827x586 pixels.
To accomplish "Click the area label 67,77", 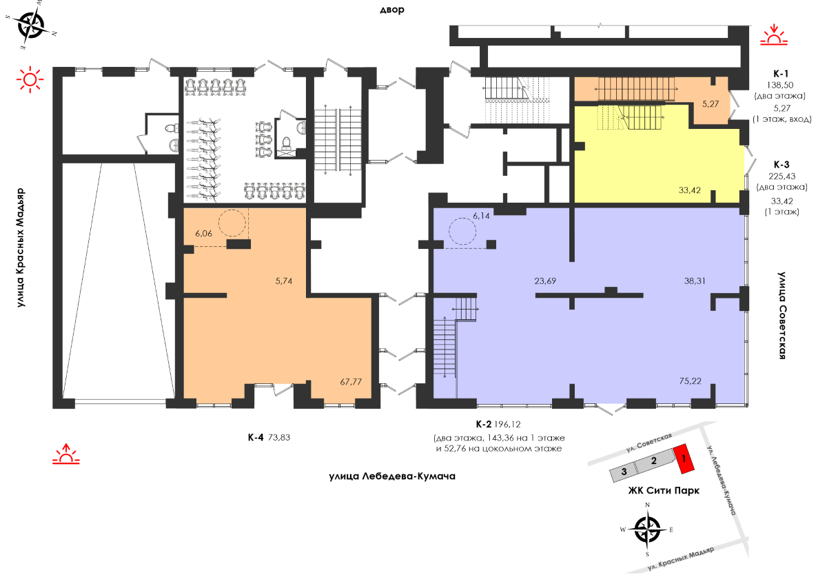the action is [x=351, y=381].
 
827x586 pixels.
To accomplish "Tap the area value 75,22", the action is [x=690, y=381].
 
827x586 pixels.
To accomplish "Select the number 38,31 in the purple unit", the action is [x=695, y=281].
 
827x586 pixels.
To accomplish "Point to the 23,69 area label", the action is [x=545, y=281].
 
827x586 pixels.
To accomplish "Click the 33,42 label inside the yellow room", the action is [x=689, y=190].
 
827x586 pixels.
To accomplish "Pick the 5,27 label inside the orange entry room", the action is [x=711, y=104].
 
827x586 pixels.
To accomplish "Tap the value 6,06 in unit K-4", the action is [x=204, y=234].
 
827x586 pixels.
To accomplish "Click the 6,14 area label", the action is [x=481, y=216].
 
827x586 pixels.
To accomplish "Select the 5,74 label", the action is [x=283, y=281].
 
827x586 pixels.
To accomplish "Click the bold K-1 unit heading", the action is [x=780, y=73].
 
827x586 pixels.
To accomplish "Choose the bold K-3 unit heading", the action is [x=782, y=164].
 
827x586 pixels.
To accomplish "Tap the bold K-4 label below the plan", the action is [x=256, y=438].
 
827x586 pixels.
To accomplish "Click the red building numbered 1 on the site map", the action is [x=684, y=458].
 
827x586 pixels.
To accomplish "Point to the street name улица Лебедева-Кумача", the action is [x=392, y=476].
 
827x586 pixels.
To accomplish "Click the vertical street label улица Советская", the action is [x=782, y=315].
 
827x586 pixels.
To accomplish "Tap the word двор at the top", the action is [x=392, y=10].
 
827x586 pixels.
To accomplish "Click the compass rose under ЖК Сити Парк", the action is [x=647, y=529].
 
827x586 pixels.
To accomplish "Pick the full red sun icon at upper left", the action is [x=30, y=79].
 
